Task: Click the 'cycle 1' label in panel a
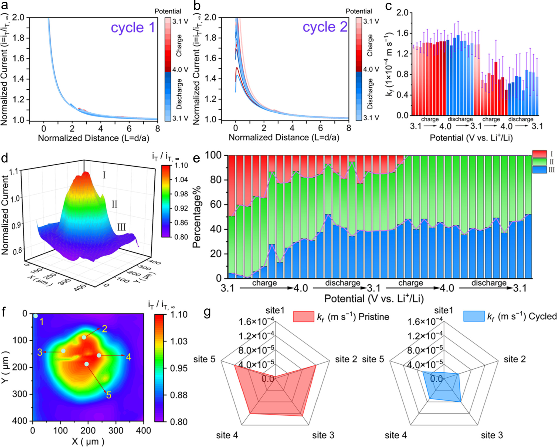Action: [x=133, y=28]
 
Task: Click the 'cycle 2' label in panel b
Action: [x=325, y=27]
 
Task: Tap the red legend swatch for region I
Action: [x=539, y=154]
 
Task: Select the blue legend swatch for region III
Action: [x=539, y=170]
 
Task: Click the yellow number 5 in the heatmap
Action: [x=109, y=395]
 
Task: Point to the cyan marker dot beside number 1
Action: [x=36, y=316]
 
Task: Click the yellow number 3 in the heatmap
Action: [x=40, y=352]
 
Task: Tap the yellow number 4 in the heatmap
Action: [x=128, y=357]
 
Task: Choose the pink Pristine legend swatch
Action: [x=304, y=317]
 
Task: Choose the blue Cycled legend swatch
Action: [x=474, y=316]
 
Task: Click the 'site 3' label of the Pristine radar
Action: [x=323, y=435]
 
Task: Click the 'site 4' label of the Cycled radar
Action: [x=396, y=435]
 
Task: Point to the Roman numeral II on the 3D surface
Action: [x=114, y=204]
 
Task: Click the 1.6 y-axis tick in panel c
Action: [x=402, y=33]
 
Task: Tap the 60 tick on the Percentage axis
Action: [x=216, y=204]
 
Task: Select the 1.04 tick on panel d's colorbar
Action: [x=181, y=180]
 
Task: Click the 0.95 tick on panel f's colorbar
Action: [x=179, y=368]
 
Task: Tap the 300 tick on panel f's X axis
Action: [x=116, y=431]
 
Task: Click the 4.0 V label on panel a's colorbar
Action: [x=180, y=69]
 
